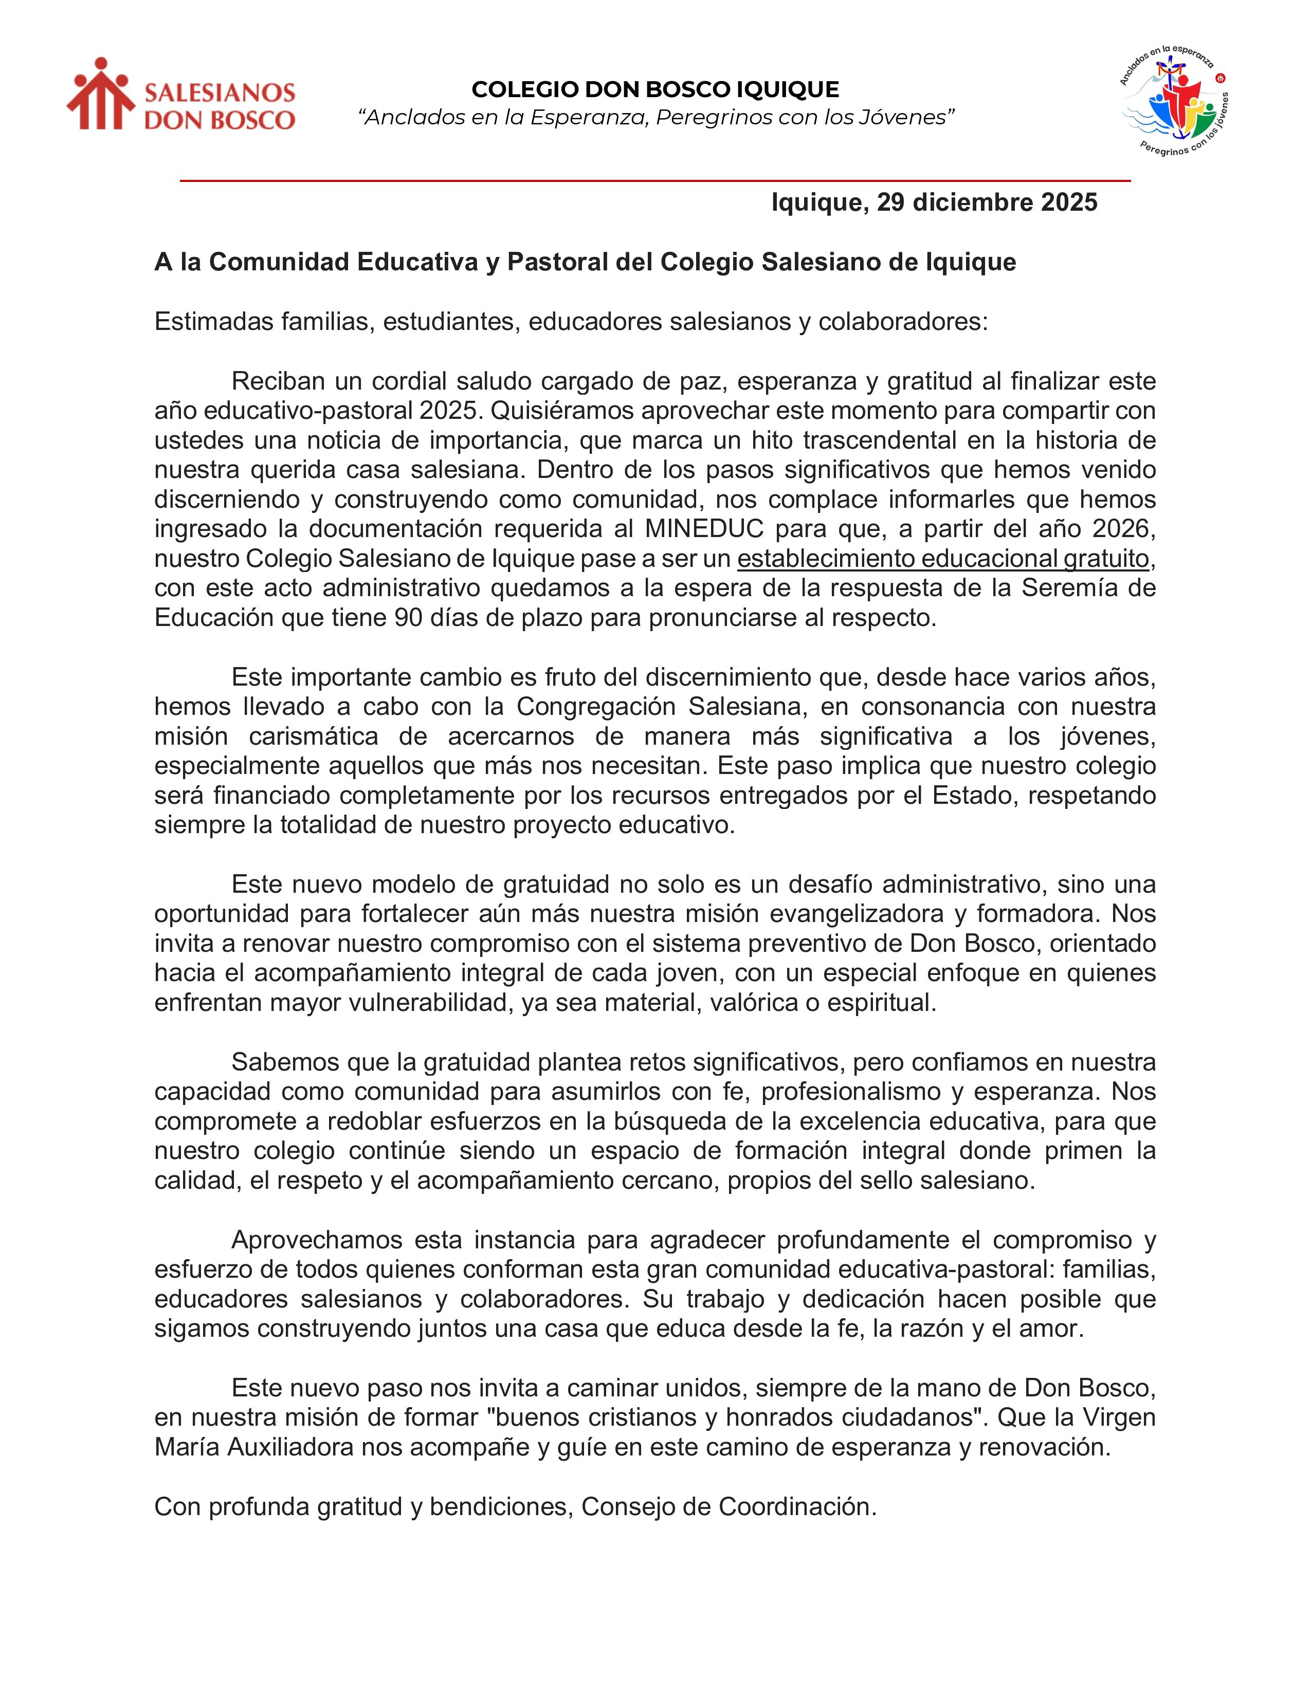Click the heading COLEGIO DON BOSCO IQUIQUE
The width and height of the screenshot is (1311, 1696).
pos(654,90)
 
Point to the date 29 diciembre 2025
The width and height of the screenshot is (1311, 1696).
pos(987,202)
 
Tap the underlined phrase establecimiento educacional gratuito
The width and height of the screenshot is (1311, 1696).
pos(943,558)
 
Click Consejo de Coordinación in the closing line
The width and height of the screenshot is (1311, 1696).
pos(729,1506)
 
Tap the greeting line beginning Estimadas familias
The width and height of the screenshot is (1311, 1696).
pos(571,322)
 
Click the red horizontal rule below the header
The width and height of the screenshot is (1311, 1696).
pos(654,181)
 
